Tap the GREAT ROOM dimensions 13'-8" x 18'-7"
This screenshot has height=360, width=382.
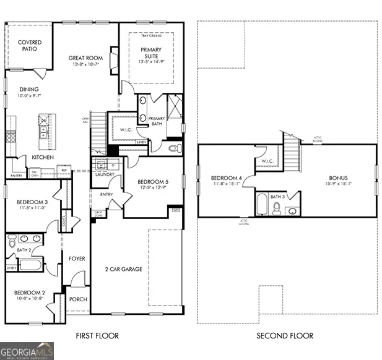pos(85,65)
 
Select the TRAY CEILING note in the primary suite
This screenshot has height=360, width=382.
pos(150,36)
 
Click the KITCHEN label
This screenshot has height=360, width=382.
pos(43,158)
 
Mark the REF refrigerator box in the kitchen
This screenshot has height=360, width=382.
pos(64,171)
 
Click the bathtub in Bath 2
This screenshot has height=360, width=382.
pos(30,265)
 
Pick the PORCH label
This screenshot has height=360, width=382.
pos(78,299)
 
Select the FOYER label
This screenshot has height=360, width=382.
pos(77,259)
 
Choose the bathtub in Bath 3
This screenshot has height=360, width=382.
pos(261,205)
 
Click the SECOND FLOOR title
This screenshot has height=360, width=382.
pos(285,336)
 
